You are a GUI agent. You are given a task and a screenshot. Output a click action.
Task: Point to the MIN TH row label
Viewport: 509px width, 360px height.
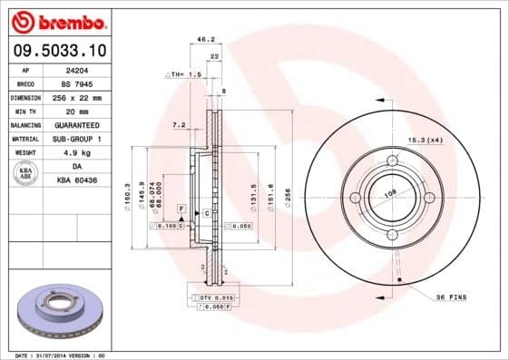pos(25,110)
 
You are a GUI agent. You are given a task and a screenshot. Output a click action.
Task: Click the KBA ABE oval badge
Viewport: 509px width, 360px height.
pos(26,174)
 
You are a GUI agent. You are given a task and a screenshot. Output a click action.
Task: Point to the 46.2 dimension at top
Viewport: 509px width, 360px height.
pos(205,40)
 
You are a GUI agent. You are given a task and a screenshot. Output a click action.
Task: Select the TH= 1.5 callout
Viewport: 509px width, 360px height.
pos(183,73)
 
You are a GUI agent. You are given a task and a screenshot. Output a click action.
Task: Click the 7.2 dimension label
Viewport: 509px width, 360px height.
pos(178,123)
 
